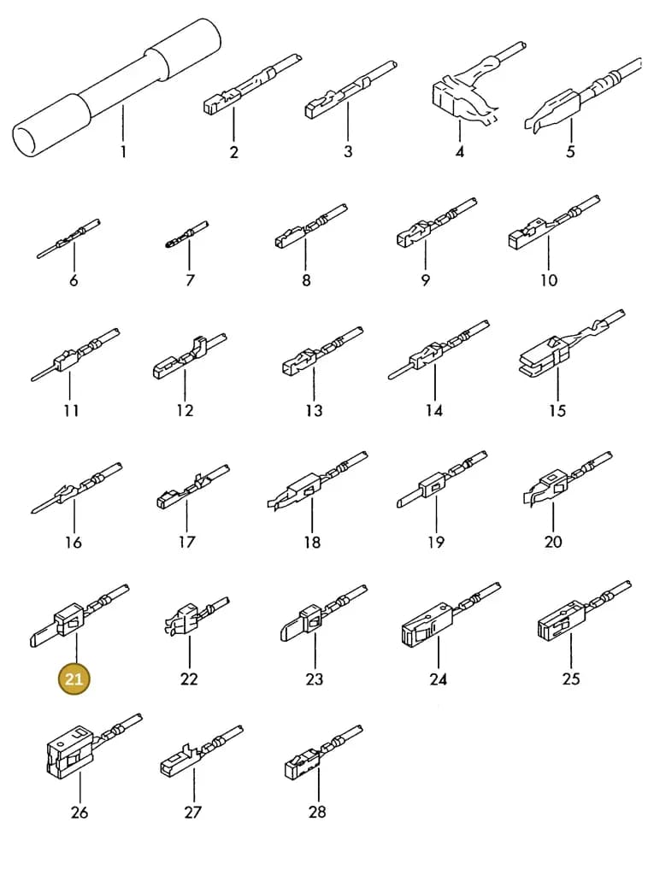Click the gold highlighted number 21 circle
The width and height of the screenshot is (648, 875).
(x=74, y=679)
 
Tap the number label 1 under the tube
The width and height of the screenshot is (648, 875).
(x=123, y=151)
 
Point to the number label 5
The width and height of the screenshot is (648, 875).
(x=570, y=151)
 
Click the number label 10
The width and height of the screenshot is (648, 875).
(x=549, y=280)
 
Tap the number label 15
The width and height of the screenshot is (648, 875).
(x=557, y=411)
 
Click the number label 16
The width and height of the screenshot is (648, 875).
(x=74, y=542)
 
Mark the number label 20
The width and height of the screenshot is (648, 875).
(x=553, y=542)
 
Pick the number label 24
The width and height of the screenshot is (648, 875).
(x=439, y=679)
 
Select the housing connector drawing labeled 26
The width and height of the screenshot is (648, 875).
(x=92, y=745)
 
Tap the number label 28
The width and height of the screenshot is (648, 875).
(x=317, y=812)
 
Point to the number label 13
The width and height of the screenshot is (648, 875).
(x=315, y=411)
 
